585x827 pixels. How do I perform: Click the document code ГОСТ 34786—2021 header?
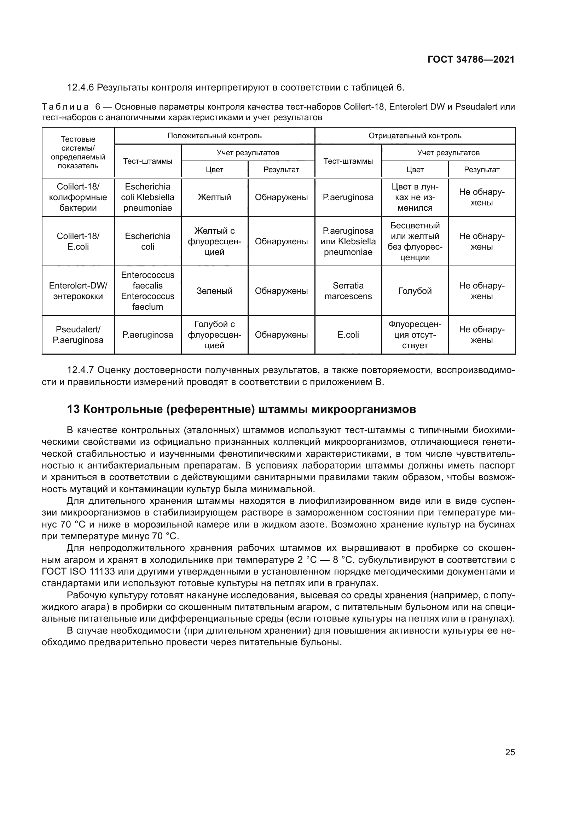click(x=471, y=59)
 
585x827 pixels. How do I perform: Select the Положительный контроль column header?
click(x=214, y=136)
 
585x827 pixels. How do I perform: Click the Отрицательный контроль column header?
click(x=415, y=136)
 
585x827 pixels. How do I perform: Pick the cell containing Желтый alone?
click(x=214, y=197)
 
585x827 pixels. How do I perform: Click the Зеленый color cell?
click(x=214, y=291)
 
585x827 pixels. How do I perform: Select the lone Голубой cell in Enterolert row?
click(x=415, y=291)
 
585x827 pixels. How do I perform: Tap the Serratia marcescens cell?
click(x=348, y=291)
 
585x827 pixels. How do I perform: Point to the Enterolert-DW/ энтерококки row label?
click(x=78, y=291)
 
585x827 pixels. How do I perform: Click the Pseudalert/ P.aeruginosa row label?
click(x=78, y=334)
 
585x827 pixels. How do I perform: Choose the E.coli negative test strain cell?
click(x=348, y=334)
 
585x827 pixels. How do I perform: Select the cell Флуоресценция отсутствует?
click(x=415, y=334)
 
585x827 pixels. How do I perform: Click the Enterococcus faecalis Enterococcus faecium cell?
click(x=147, y=291)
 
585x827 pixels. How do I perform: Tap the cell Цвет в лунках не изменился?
click(x=415, y=197)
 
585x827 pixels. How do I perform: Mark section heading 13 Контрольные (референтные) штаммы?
click(x=241, y=409)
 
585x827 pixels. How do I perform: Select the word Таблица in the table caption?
click(x=65, y=107)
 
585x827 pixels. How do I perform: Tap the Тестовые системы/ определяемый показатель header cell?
click(x=78, y=152)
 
